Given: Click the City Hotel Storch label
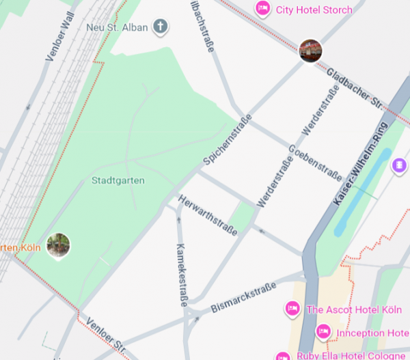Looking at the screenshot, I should [314, 10].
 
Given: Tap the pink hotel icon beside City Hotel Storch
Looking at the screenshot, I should [262, 9].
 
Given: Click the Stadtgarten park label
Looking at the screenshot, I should [117, 182].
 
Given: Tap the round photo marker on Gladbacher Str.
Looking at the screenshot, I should [310, 50].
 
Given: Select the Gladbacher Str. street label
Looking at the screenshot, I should [354, 91].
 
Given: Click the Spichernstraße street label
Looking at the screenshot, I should [227, 141].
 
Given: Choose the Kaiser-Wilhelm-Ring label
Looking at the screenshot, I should [361, 163].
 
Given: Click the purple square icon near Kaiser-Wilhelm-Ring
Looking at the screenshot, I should [398, 165].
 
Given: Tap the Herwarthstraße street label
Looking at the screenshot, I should [208, 215].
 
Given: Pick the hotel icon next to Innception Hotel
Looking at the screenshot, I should [323, 333].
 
